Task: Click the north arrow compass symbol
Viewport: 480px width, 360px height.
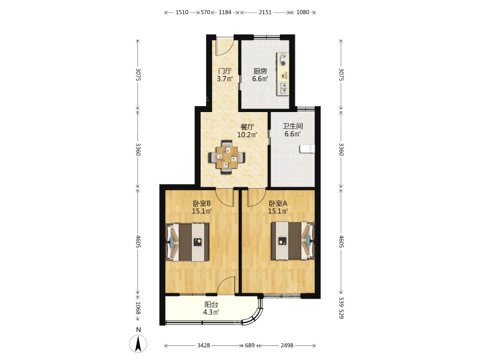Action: click(x=139, y=343)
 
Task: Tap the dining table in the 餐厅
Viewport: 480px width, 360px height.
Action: click(x=227, y=157)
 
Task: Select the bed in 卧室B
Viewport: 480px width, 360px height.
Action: click(x=187, y=242)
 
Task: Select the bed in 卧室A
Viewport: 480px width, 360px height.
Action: click(x=293, y=241)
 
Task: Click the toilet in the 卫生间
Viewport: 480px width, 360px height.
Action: click(x=307, y=149)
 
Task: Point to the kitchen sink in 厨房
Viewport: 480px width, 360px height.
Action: click(x=284, y=88)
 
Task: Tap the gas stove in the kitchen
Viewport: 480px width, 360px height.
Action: click(x=283, y=60)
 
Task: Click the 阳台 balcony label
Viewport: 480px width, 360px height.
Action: click(x=211, y=305)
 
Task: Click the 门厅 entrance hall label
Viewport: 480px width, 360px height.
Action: click(x=225, y=71)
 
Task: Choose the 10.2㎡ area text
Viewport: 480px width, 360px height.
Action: click(x=247, y=135)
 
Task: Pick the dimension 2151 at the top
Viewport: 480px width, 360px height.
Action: click(x=265, y=12)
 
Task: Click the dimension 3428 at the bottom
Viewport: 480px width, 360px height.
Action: click(x=203, y=345)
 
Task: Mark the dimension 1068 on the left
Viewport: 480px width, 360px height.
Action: click(x=137, y=308)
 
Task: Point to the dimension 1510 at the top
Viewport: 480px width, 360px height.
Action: click(x=181, y=12)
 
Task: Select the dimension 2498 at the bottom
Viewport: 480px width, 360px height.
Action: click(x=287, y=345)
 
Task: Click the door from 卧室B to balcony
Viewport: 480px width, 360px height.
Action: click(x=227, y=286)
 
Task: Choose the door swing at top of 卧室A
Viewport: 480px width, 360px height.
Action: click(x=256, y=197)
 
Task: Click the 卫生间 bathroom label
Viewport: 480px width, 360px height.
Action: click(x=293, y=126)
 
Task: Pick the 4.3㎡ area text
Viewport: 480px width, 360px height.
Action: click(x=211, y=312)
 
